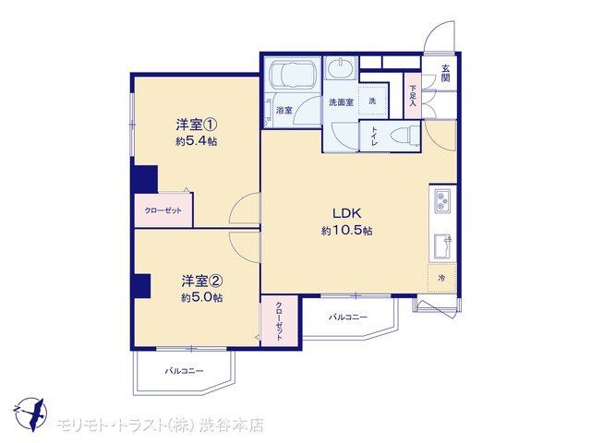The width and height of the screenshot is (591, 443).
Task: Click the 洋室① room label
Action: click(197, 124)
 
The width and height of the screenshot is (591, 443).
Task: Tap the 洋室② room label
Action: click(202, 281)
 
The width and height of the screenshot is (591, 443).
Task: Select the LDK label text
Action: click(347, 213)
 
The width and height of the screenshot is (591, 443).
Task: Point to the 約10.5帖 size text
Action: click(347, 231)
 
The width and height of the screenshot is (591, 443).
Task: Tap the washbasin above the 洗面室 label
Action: click(341, 68)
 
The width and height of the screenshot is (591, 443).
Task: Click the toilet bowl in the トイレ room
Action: click(405, 136)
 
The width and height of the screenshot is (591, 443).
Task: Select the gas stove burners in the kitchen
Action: click(442, 201)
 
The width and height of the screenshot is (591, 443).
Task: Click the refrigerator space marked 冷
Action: click(442, 279)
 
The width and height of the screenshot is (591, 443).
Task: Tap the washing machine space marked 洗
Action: click(373, 101)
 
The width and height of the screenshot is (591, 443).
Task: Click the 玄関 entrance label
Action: click(445, 73)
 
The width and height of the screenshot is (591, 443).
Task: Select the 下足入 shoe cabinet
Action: click(413, 96)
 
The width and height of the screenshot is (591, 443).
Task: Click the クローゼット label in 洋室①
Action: click(163, 210)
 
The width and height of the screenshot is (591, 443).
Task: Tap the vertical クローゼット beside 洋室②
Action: click(279, 321)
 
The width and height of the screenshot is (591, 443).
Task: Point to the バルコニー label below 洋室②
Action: click(185, 371)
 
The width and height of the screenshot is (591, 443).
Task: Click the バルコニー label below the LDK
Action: click(348, 317)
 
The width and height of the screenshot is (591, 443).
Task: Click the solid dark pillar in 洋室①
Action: click(146, 179)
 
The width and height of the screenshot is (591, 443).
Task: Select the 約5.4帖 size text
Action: click(196, 141)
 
